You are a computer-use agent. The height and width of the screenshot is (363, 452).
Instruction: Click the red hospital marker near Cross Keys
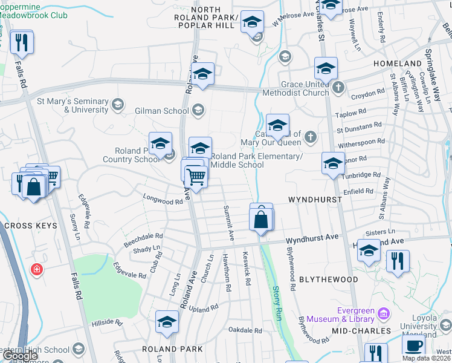[37, 269]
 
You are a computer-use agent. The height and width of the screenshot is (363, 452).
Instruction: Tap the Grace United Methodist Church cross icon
[338, 86]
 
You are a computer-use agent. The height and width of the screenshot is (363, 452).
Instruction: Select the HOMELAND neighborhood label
[397, 64]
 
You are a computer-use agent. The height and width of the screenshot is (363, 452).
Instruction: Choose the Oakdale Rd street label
[245, 330]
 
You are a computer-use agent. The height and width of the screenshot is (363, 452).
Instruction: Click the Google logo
[20, 356]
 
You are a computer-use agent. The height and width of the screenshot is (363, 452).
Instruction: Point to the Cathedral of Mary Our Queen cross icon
[311, 136]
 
